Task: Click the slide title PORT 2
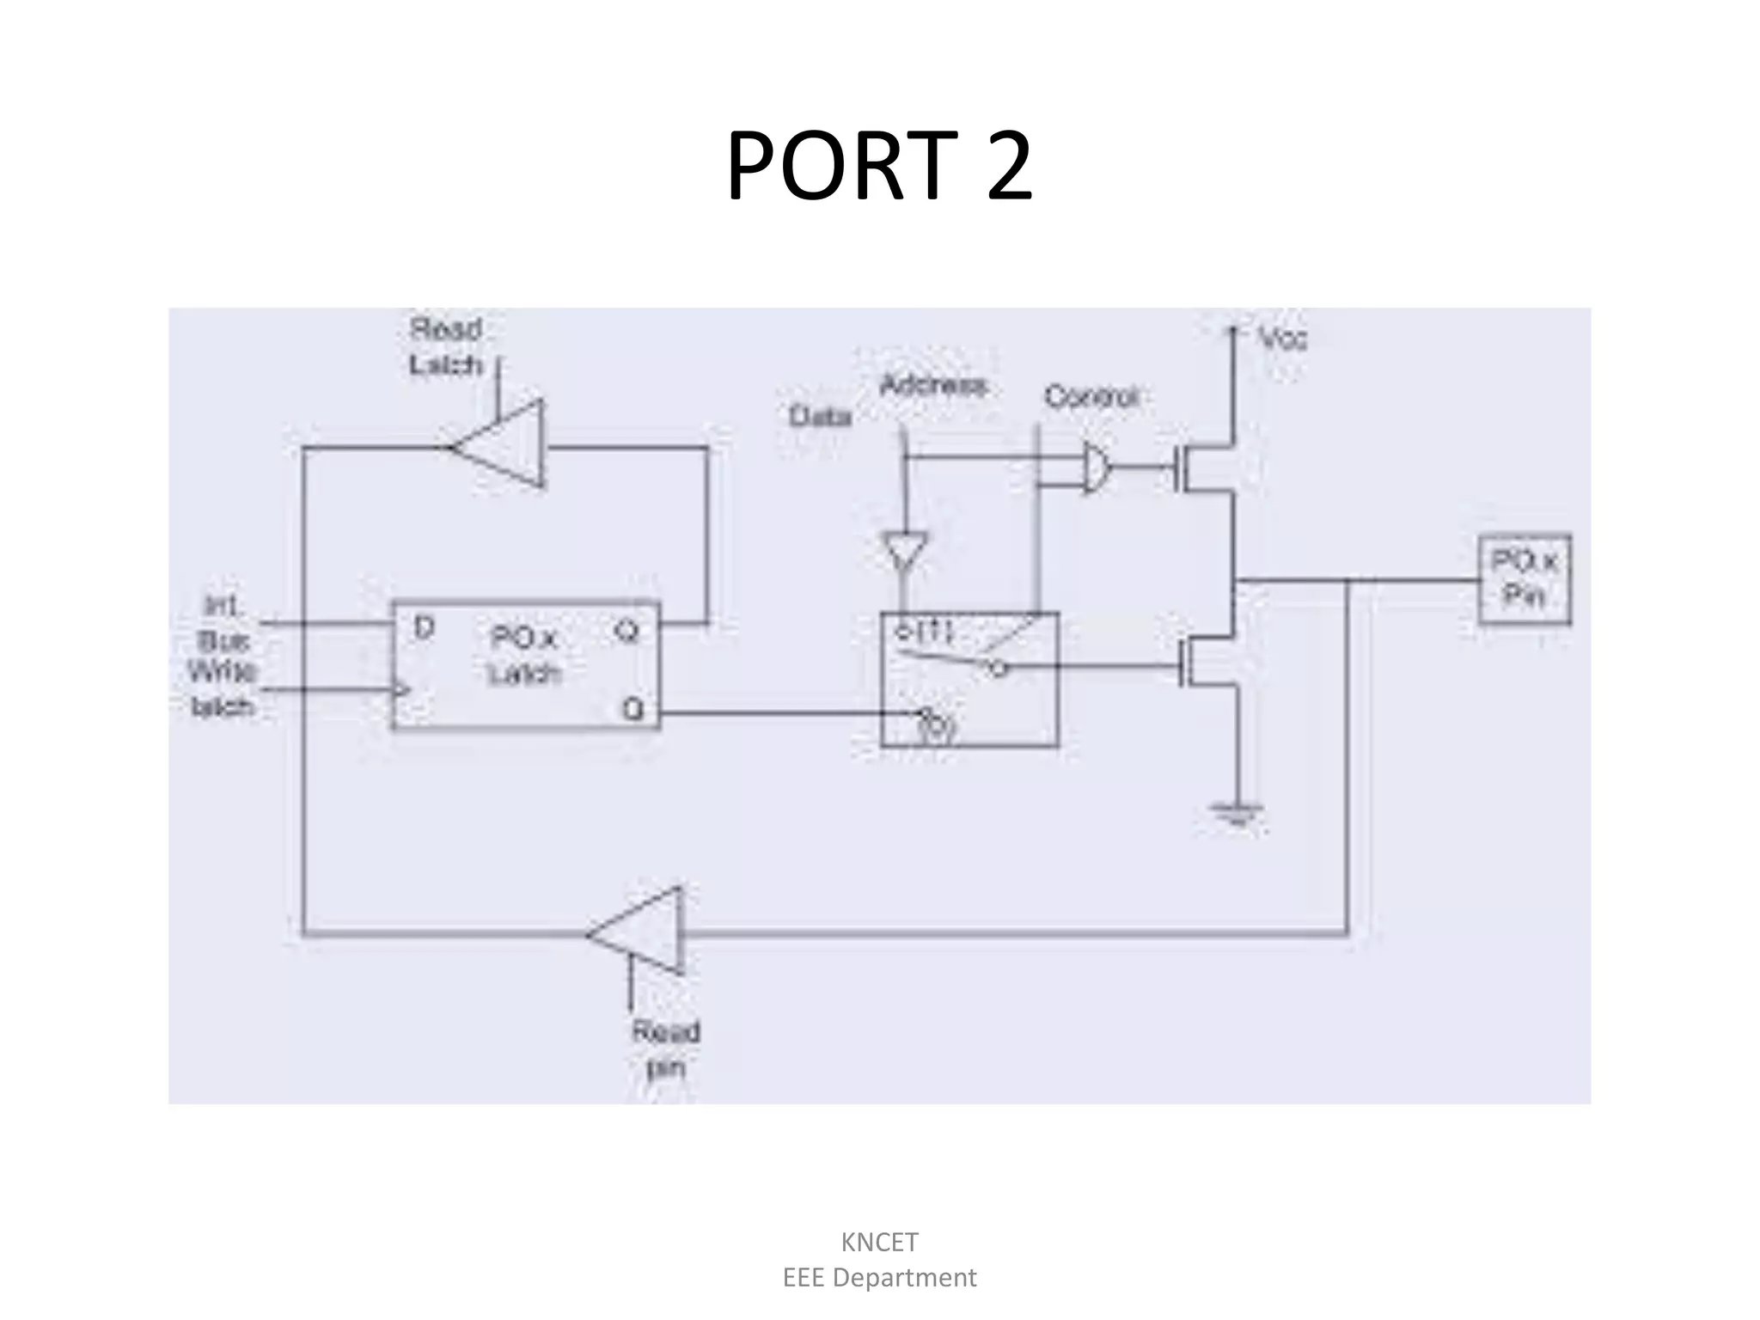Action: (x=879, y=165)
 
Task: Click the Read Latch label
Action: (x=446, y=347)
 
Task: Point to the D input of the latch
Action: (x=424, y=628)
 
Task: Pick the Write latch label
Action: (x=223, y=688)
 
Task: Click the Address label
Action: (x=933, y=385)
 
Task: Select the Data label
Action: (x=820, y=417)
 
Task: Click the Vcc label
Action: (x=1283, y=339)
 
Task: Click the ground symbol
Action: (x=1236, y=812)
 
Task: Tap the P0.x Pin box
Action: (x=1525, y=579)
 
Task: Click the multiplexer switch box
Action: (x=969, y=679)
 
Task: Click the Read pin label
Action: (x=666, y=1049)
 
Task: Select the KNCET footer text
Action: (x=879, y=1242)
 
